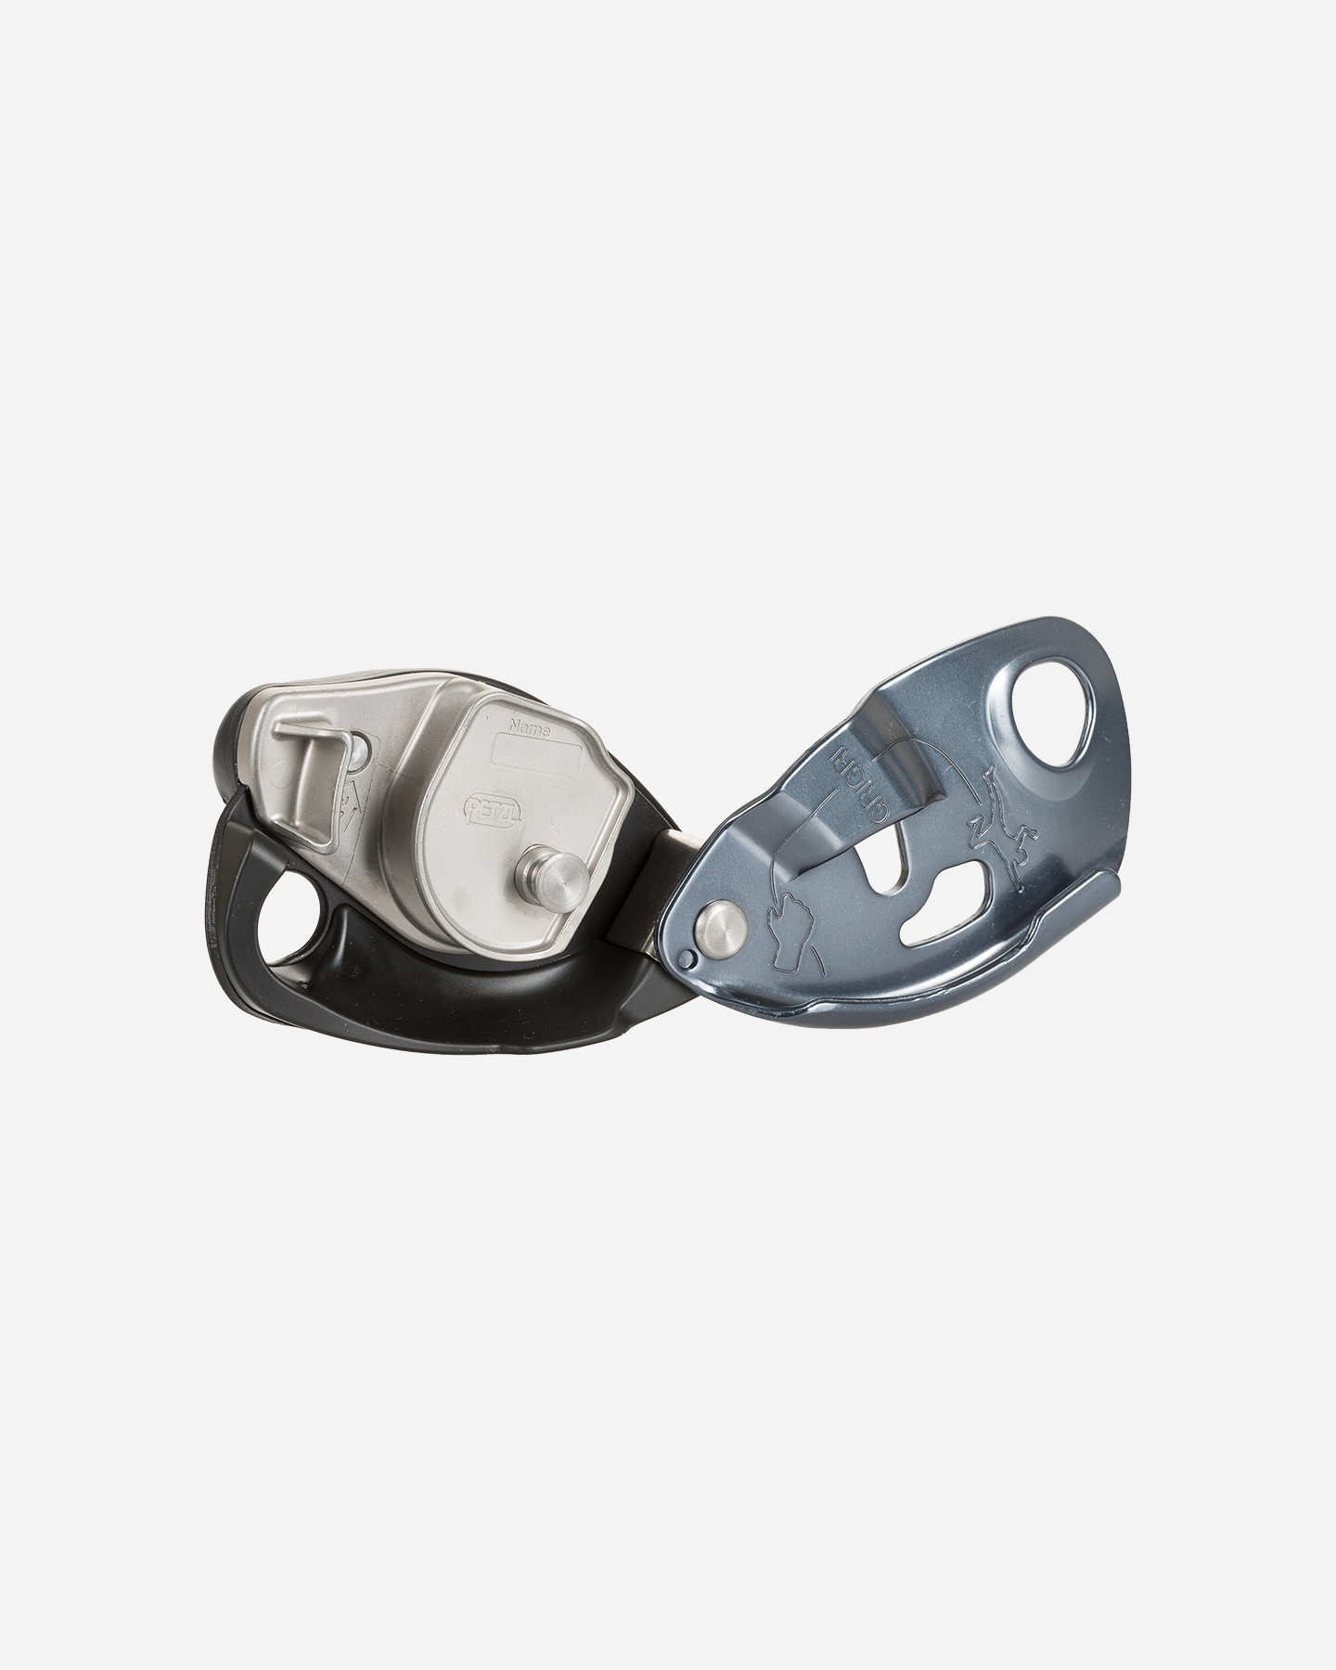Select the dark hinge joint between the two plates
point(674,881)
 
